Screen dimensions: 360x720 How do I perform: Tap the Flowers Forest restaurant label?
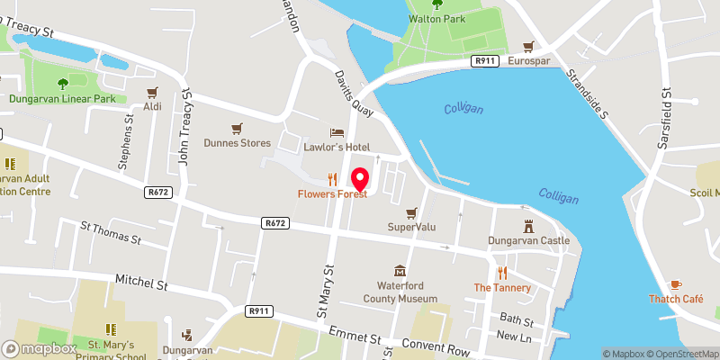[333, 194]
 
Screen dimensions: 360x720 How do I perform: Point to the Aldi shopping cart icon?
[152, 92]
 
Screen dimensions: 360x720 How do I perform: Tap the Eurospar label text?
[528, 61]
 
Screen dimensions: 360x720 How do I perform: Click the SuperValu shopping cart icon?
[411, 212]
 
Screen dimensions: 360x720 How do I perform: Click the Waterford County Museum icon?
[400, 271]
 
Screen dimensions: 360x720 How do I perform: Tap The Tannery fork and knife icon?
[502, 273]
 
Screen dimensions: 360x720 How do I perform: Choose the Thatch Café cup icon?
[676, 283]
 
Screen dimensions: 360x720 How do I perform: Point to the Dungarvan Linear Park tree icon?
[62, 84]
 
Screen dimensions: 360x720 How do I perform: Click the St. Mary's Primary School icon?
[111, 330]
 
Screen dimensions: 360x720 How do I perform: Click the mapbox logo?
[40, 348]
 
